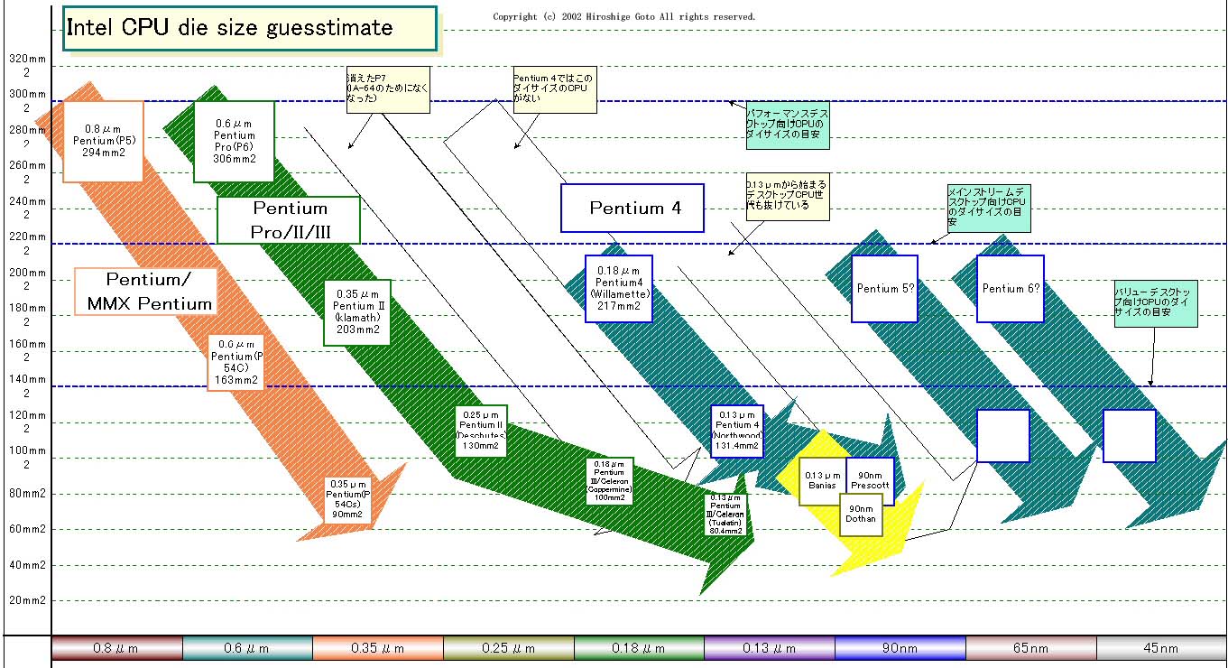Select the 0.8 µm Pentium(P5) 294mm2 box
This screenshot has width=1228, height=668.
[103, 141]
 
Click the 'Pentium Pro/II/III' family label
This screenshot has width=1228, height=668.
[289, 220]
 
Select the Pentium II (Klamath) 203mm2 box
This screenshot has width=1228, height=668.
[356, 311]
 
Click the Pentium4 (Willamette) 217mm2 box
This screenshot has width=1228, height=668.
[618, 288]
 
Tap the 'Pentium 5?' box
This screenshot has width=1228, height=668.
[885, 289]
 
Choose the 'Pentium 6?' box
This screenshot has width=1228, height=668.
[1011, 289]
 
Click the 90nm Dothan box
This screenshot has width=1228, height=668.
[862, 513]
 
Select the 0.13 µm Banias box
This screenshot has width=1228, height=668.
[822, 480]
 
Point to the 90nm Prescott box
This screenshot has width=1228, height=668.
[870, 480]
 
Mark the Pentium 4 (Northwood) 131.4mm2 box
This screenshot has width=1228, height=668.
[737, 431]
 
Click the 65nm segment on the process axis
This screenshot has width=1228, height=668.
[1030, 648]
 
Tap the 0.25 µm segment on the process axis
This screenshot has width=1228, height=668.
[509, 648]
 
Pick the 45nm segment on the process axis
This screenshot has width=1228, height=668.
[1160, 648]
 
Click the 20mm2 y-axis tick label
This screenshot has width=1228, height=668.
[26, 600]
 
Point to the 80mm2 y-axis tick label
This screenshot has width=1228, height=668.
[26, 494]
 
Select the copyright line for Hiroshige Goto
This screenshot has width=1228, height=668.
[623, 16]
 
